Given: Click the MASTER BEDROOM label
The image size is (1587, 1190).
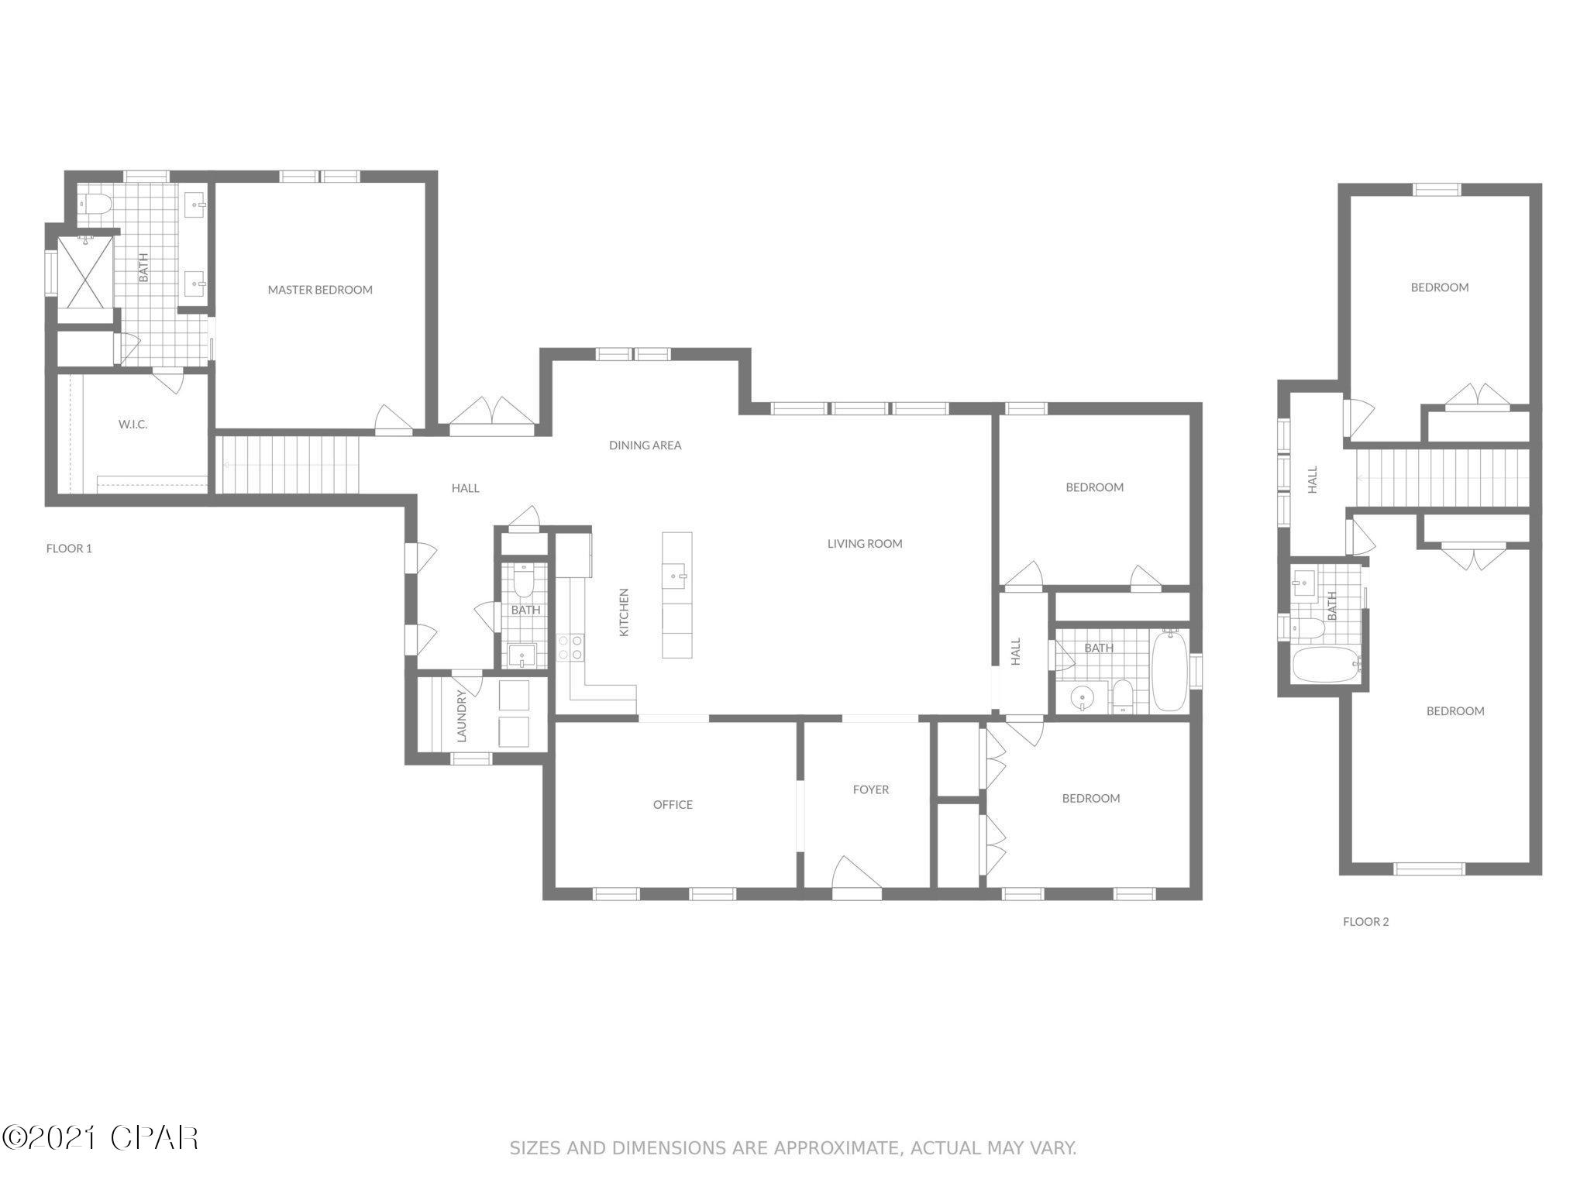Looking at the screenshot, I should point(320,290).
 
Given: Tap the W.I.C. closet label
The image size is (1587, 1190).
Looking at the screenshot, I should point(133,425).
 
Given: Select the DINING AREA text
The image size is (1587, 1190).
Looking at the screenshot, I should point(645,445).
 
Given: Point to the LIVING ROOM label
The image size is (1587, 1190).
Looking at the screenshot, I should point(865,544).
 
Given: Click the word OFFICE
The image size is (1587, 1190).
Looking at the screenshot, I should point(673,805).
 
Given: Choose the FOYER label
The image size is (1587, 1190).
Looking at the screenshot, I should point(870,789).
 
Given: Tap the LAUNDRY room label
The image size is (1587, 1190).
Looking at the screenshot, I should point(462,716).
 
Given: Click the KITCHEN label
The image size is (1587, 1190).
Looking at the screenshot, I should point(624,612).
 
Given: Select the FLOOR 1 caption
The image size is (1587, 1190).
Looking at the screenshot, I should point(69,549).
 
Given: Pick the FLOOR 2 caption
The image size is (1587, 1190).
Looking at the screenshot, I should point(1365,922).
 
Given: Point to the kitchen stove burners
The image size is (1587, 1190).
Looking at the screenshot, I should point(570,648).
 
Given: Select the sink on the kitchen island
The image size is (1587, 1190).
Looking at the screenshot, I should point(676,575).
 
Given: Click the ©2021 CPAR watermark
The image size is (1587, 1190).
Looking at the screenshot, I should point(101,1138).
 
